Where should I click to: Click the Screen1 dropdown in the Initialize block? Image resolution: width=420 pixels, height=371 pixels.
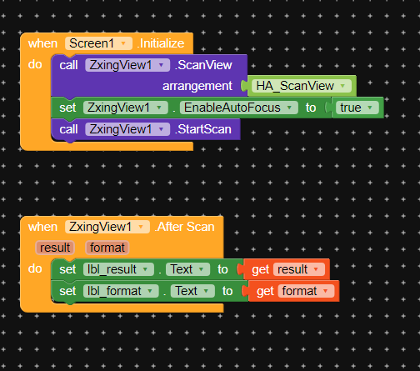[x=98, y=43]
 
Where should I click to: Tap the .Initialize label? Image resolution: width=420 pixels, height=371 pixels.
[x=161, y=43]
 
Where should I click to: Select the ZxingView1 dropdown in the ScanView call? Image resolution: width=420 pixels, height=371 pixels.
[x=127, y=65]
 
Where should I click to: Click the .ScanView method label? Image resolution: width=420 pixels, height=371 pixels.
[x=203, y=65]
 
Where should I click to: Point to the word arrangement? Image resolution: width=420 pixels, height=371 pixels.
[x=197, y=86]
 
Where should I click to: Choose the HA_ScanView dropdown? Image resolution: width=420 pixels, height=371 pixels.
[x=302, y=86]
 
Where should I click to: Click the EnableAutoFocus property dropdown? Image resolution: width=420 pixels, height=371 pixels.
[x=239, y=108]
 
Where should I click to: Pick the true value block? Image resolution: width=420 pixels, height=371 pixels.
[x=357, y=108]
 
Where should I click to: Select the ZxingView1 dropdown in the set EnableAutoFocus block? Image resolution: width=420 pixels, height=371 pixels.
[x=126, y=108]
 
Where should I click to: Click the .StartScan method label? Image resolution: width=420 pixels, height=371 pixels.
[x=203, y=129]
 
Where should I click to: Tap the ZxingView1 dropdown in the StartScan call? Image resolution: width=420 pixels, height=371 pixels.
[x=127, y=129]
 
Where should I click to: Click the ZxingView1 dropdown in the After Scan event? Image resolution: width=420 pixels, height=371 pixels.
[x=107, y=227]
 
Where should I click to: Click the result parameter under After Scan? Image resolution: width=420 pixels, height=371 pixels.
[x=55, y=248]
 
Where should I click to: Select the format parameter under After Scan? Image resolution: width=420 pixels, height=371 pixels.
[x=107, y=248]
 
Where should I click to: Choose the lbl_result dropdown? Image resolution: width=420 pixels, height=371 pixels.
[x=118, y=269]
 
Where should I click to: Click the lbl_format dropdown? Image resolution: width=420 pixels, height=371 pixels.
[x=121, y=291]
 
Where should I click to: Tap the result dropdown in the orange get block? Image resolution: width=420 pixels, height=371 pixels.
[x=299, y=269]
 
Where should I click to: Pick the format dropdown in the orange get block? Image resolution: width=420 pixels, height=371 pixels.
[x=306, y=291]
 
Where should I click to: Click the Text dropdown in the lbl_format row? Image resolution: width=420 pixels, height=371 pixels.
[x=192, y=291]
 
